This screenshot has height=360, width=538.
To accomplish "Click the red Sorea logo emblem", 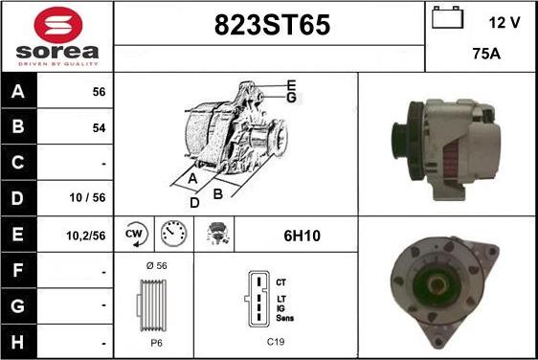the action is tap(58, 25).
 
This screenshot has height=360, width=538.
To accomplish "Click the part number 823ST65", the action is tap(272, 25).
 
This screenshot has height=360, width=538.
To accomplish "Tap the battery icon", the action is tap(447, 17).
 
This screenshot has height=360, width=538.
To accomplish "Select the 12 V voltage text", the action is tap(504, 23).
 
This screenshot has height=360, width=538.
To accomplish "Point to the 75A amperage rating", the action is tap(486, 54).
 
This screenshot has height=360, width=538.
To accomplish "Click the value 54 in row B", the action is tap(99, 128).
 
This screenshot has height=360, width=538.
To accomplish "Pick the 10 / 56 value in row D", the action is tap(87, 197).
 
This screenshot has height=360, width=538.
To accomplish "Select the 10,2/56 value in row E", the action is tap(86, 236).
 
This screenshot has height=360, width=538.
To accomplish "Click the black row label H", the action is tap(18, 342).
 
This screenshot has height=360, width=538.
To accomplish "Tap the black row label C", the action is tap(18, 163).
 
